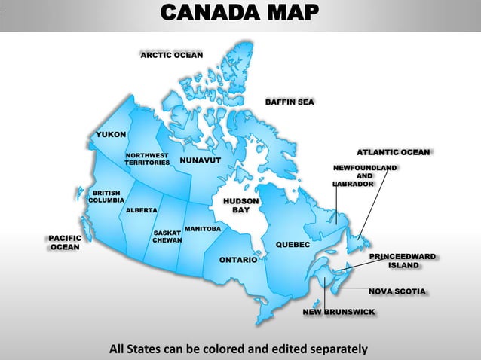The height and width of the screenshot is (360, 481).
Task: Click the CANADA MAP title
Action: tap(240, 13)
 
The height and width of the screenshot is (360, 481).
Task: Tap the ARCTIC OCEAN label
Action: tap(172, 56)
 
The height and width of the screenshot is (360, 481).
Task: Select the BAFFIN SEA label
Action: tap(290, 102)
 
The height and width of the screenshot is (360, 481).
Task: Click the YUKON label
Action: tap(111, 134)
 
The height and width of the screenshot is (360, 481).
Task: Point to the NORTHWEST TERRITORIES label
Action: tap(147, 159)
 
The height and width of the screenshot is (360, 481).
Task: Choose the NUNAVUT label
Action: tap(200, 161)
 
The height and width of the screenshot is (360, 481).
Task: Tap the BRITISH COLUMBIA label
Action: tap(106, 197)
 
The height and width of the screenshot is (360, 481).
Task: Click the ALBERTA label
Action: tap(141, 210)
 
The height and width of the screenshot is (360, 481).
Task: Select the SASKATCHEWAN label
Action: tap(167, 237)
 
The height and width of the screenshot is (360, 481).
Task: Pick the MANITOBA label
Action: tap(202, 228)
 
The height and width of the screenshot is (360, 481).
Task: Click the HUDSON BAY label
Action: tap(240, 206)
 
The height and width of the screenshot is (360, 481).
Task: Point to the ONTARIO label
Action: tap(238, 260)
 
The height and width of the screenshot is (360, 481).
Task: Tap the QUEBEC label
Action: tap(293, 245)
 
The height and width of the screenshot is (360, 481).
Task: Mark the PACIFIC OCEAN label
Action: tap(65, 243)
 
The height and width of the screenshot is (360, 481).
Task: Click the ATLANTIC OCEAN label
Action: tap(393, 152)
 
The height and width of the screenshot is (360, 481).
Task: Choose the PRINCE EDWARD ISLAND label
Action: tap(403, 261)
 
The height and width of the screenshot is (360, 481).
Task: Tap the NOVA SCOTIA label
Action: tap(397, 291)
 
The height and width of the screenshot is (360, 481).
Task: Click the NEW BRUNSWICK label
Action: tap(339, 311)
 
